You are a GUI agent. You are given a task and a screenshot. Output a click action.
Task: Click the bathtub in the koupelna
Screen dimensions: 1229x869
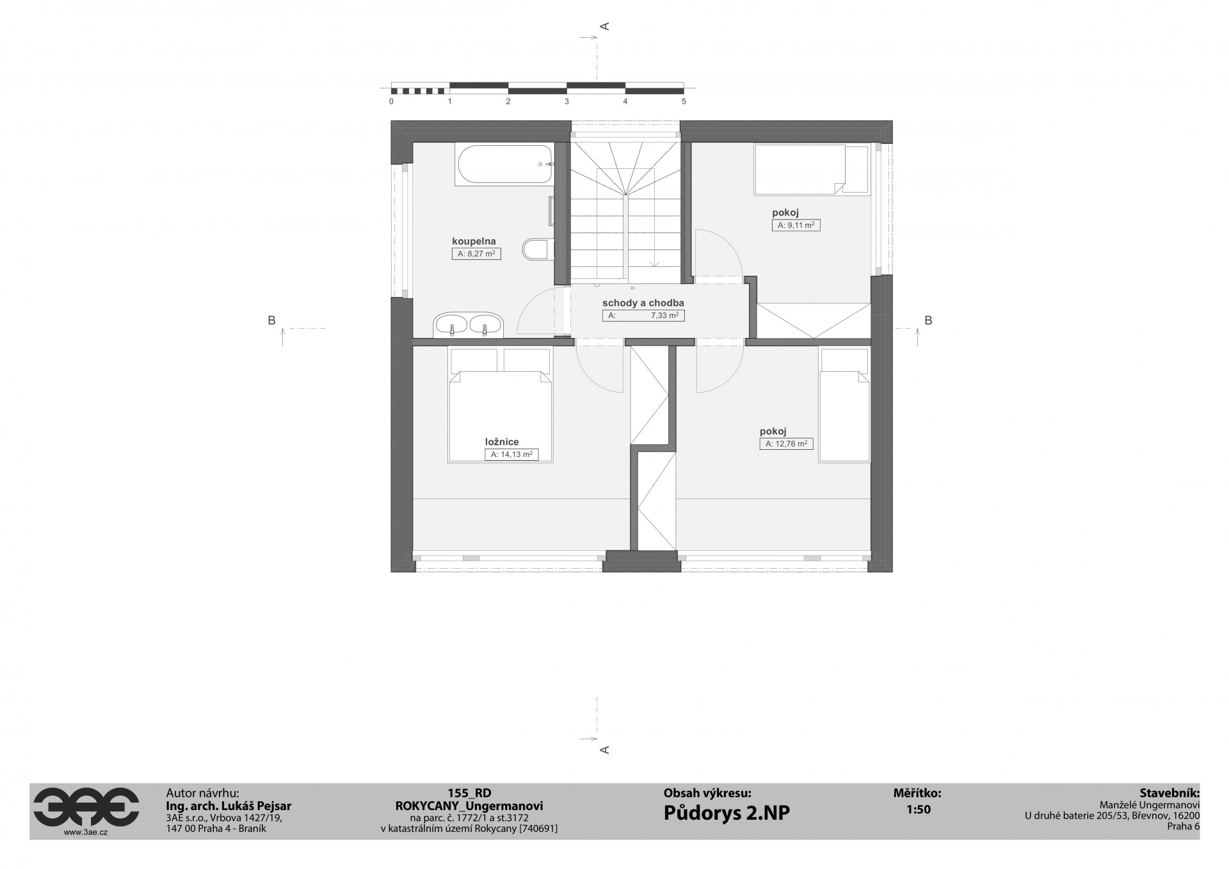[x=504, y=164]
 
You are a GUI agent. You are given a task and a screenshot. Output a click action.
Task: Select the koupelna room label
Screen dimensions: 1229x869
[x=474, y=241]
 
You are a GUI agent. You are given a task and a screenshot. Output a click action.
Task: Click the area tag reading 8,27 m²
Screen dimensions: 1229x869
[x=476, y=254]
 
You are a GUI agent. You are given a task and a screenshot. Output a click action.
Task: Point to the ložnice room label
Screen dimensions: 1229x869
[x=501, y=442]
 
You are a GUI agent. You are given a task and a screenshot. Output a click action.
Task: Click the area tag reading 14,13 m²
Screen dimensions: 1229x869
[x=511, y=454]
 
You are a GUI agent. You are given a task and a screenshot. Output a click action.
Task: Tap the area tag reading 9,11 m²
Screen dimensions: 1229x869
[x=796, y=225]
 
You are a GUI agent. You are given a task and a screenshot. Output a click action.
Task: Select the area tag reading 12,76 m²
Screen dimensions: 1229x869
[x=787, y=443]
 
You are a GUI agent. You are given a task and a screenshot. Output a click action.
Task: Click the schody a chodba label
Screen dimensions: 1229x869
[x=643, y=303]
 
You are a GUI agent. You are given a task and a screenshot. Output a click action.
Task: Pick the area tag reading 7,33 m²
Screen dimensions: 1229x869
[x=643, y=315]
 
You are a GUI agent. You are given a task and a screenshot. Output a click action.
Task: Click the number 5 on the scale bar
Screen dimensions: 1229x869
[x=684, y=102]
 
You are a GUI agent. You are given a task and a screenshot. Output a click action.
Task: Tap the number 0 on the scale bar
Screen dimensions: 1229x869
[x=391, y=102]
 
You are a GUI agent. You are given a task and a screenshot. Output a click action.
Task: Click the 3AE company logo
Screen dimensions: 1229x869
[x=86, y=808]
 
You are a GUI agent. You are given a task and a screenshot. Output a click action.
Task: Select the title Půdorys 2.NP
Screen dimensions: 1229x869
[x=727, y=813]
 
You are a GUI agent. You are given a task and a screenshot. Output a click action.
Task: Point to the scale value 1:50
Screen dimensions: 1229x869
[x=918, y=809]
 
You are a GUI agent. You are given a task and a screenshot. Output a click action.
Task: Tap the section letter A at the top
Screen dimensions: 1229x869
[x=604, y=26]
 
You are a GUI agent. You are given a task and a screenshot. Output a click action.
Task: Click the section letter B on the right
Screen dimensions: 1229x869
[x=928, y=321]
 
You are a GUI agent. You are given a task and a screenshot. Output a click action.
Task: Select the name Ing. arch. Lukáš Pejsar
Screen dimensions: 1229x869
[x=229, y=806]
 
